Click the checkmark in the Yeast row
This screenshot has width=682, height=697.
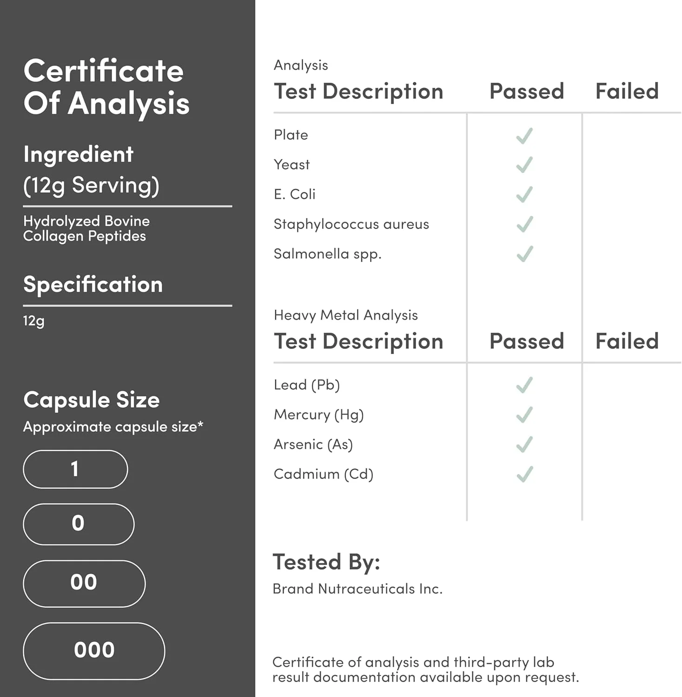click(x=524, y=165)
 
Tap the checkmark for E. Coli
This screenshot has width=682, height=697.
click(x=524, y=195)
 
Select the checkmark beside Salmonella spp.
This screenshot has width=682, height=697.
click(x=524, y=254)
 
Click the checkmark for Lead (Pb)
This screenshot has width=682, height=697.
click(x=524, y=385)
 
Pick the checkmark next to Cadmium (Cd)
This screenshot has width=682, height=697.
click(x=524, y=474)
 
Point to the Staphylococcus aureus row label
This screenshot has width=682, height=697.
click(x=351, y=224)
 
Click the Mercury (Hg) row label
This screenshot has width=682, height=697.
click(x=318, y=414)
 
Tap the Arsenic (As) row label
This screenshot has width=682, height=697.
click(x=313, y=445)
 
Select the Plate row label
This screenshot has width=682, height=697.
click(x=291, y=135)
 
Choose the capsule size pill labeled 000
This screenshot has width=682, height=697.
click(x=94, y=651)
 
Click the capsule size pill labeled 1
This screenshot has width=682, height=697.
click(x=75, y=469)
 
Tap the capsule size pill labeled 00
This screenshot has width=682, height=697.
click(x=84, y=583)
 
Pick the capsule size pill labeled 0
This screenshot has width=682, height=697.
click(x=79, y=524)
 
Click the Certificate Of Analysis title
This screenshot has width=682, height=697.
click(x=106, y=87)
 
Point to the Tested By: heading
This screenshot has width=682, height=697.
click(x=326, y=562)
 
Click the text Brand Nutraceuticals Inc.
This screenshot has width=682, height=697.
click(x=357, y=589)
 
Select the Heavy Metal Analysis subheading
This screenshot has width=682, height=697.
click(x=345, y=316)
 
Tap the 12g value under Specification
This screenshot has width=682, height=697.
click(x=34, y=321)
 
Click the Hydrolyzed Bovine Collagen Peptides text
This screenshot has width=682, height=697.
click(x=86, y=229)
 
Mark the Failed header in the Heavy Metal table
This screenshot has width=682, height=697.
click(x=627, y=342)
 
